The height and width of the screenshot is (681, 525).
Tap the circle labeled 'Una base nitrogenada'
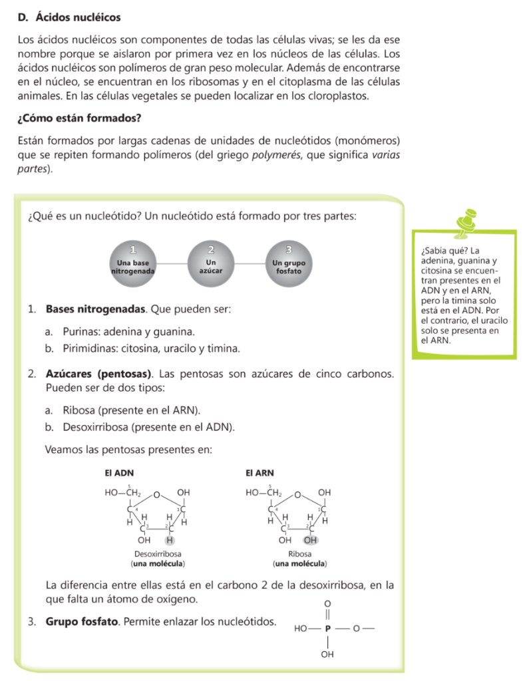134,264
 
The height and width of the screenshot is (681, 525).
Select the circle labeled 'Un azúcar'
211,264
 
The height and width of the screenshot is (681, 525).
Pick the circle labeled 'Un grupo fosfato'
289,264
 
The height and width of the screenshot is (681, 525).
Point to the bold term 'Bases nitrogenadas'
95,309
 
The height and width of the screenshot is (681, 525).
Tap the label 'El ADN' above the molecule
116,472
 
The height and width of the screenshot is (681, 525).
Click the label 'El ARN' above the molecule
260,472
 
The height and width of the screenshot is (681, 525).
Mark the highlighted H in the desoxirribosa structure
169,539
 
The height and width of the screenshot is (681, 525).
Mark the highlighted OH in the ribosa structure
310,539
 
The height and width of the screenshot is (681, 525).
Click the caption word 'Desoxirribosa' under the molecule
158,553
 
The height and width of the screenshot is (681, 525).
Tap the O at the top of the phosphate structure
327,603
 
